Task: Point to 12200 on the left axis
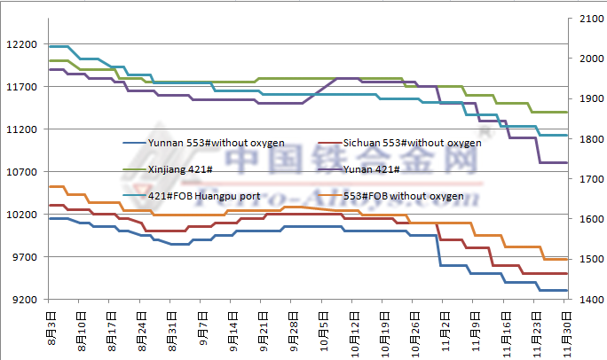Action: tap(20, 44)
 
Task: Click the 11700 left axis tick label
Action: tap(20, 87)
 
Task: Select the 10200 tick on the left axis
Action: tap(20, 215)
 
